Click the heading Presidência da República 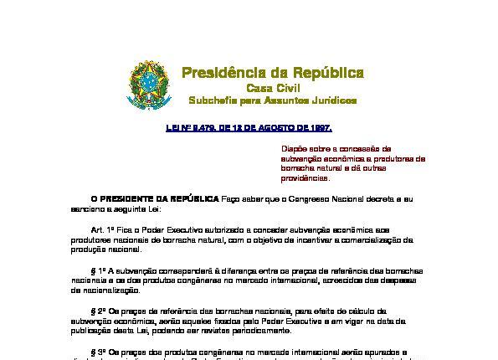pyautogui.click(x=272, y=72)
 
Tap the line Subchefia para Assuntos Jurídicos pyautogui.click(x=272, y=101)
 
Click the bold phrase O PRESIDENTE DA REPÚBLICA pyautogui.click(x=155, y=199)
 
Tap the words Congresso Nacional pyautogui.click(x=324, y=199)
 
